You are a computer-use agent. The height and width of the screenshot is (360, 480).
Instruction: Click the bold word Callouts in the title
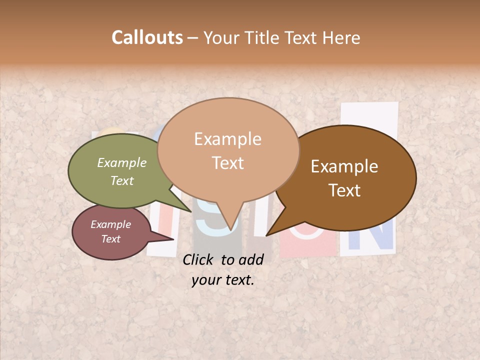[x=147, y=37]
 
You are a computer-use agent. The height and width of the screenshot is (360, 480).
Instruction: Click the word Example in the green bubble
[x=122, y=163]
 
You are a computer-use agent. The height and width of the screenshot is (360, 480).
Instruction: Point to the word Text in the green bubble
[x=122, y=180]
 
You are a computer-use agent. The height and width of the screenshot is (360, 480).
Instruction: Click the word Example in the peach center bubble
[x=227, y=139]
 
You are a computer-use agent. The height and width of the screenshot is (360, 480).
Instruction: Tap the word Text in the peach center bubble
[x=228, y=163]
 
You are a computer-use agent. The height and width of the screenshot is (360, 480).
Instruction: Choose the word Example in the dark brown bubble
[x=344, y=166]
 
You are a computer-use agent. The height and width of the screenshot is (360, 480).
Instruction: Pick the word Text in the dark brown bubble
[x=344, y=190]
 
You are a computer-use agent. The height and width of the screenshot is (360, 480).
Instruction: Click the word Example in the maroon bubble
[x=111, y=224]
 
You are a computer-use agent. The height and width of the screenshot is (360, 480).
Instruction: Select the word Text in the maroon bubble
[x=111, y=239]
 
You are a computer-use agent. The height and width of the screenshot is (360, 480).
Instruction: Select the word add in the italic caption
[x=251, y=259]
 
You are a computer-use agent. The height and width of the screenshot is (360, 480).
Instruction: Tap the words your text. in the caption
[x=223, y=280]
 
